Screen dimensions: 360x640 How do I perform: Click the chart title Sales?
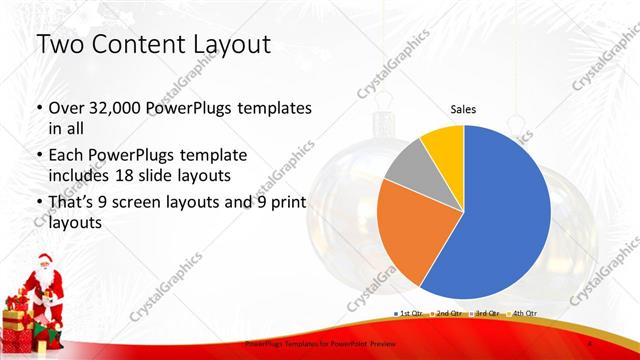tap(463, 109)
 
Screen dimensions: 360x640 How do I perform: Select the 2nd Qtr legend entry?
tap(447, 313)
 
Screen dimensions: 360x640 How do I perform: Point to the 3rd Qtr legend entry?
tap(486, 313)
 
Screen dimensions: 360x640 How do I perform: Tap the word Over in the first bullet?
tap(67, 107)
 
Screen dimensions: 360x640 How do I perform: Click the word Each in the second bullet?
tap(68, 155)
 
